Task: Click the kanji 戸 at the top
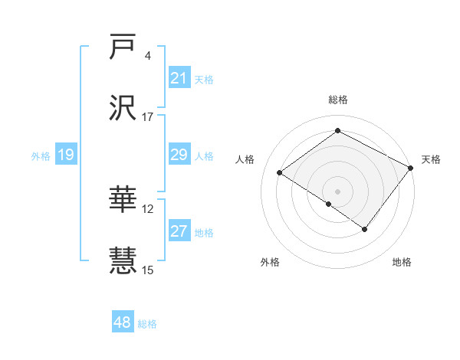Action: point(123,47)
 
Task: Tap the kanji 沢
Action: point(123,109)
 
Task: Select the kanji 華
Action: point(123,200)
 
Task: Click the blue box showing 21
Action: point(179,78)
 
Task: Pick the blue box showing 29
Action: point(179,155)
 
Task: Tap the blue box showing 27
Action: point(179,231)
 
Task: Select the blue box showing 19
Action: point(65,155)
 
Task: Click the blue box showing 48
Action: point(123,322)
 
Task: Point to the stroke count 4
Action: point(148,56)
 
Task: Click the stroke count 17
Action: point(148,117)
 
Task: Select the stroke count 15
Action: point(148,270)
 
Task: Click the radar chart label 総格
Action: point(337,100)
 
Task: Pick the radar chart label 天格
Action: point(431,159)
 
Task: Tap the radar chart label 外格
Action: point(270,262)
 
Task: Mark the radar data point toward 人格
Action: point(280,172)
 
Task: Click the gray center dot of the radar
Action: point(337,191)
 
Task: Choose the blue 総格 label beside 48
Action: point(148,324)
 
